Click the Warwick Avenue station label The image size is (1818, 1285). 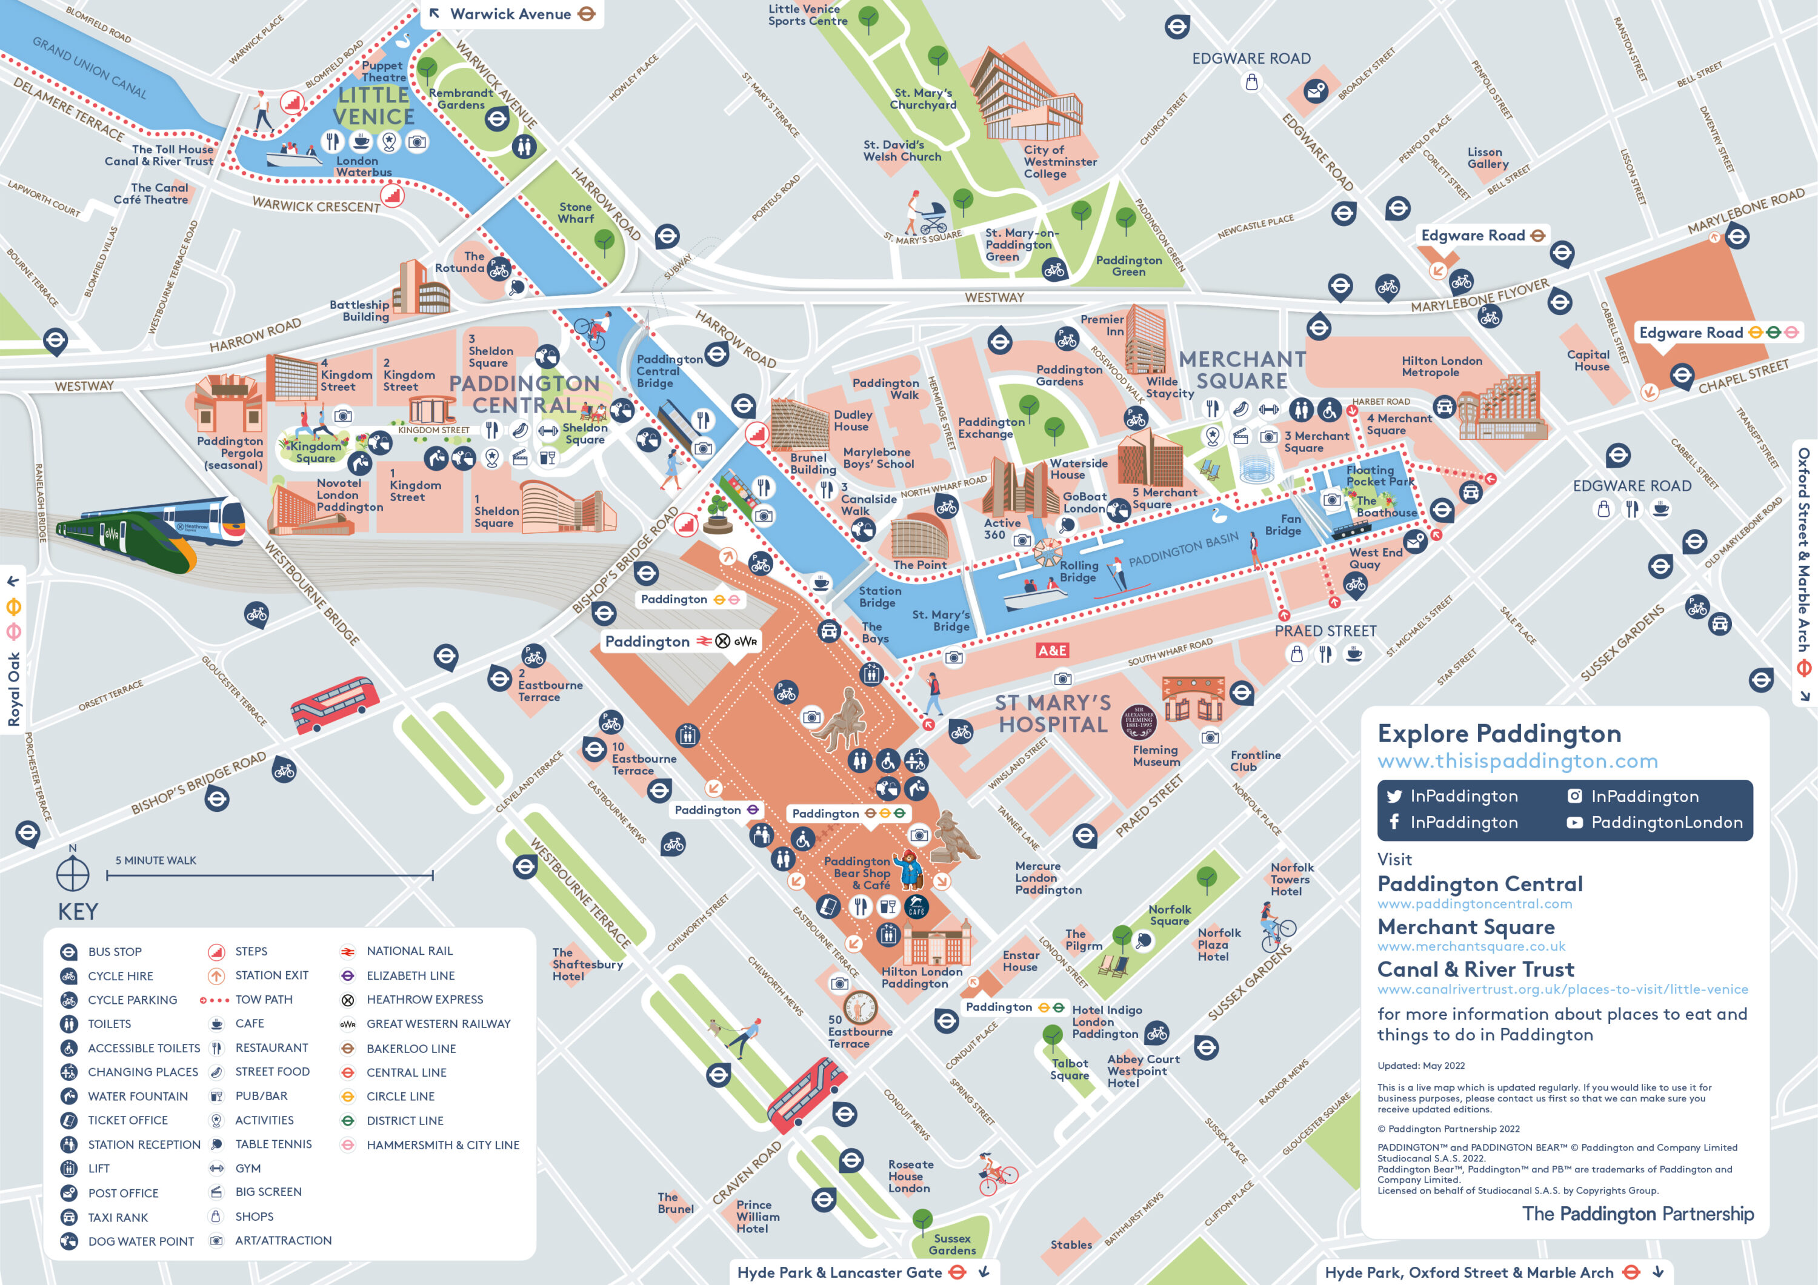point(511,15)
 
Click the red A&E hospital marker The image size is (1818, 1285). point(1052,651)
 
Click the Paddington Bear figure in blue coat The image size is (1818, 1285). point(909,869)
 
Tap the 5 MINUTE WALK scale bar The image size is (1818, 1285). point(269,875)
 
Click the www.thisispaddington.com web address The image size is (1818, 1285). point(1516,762)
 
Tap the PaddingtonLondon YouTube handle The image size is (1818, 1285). point(1666,823)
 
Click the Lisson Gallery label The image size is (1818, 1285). point(1488,158)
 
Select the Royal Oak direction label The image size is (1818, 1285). point(13,689)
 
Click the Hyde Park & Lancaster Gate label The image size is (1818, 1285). point(839,1272)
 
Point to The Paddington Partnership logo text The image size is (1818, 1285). point(1637,1214)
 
